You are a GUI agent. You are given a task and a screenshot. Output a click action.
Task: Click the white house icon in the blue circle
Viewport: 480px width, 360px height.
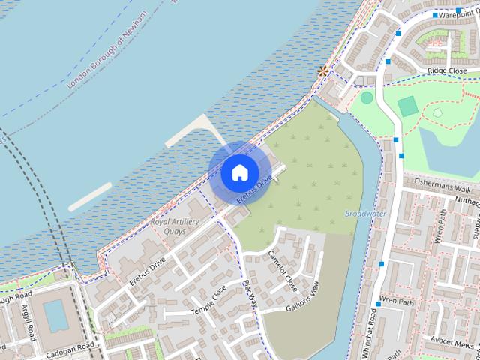coord(239,172)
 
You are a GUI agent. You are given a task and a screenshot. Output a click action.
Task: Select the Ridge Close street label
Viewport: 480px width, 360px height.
coord(446,70)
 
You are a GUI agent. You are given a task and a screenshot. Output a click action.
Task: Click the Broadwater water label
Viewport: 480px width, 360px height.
coord(365,213)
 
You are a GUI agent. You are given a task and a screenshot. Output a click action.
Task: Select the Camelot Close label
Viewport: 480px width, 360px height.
coord(283,270)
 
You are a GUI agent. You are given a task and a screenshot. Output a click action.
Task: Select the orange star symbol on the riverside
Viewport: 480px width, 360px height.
coord(323,71)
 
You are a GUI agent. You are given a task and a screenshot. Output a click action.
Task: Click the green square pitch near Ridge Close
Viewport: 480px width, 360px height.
coord(407,106)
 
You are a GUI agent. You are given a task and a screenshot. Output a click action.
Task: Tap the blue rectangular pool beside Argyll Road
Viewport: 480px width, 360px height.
coord(55,316)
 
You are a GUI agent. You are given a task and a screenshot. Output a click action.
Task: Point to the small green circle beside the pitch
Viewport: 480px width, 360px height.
coord(367,97)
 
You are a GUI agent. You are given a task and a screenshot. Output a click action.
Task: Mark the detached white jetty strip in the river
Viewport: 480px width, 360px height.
coord(90,196)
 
